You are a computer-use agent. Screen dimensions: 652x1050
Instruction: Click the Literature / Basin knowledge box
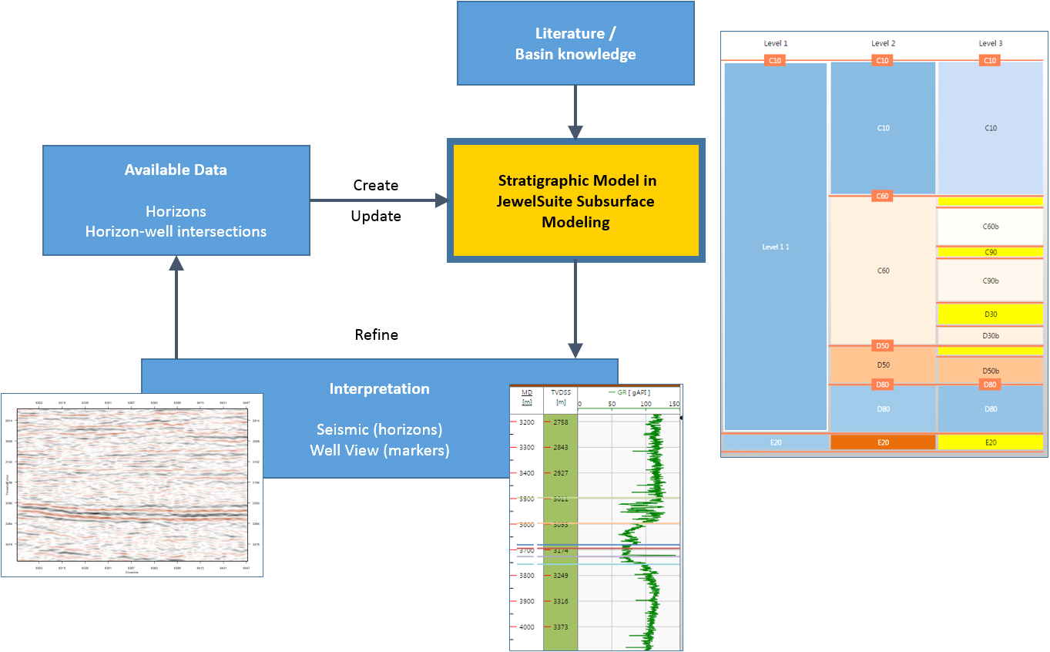575,43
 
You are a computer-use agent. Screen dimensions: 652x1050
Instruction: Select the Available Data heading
176,170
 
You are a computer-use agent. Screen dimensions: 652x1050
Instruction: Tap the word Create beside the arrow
376,185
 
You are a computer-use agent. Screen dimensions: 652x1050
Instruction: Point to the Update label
376,216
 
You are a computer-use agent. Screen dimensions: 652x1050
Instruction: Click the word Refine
376,334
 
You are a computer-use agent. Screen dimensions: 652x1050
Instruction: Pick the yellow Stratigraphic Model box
575,201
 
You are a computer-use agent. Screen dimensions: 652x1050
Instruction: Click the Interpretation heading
379,388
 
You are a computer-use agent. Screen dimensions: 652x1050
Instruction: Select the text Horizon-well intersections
176,231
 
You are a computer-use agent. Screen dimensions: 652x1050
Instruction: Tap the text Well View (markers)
379,449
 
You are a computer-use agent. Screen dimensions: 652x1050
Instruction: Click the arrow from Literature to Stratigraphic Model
575,111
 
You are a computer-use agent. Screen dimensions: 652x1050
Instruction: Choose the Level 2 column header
883,43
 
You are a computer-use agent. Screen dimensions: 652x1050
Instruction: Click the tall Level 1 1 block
776,247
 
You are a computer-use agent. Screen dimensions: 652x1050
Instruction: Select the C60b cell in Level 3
991,227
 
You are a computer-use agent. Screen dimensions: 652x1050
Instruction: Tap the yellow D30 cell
991,314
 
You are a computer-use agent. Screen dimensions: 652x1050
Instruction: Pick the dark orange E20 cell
883,442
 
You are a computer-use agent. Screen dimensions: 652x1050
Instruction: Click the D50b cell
991,371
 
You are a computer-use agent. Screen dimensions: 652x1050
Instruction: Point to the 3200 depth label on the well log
526,422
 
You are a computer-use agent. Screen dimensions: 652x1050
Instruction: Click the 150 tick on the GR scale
674,403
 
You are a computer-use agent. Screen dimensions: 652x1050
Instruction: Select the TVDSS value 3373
560,627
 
